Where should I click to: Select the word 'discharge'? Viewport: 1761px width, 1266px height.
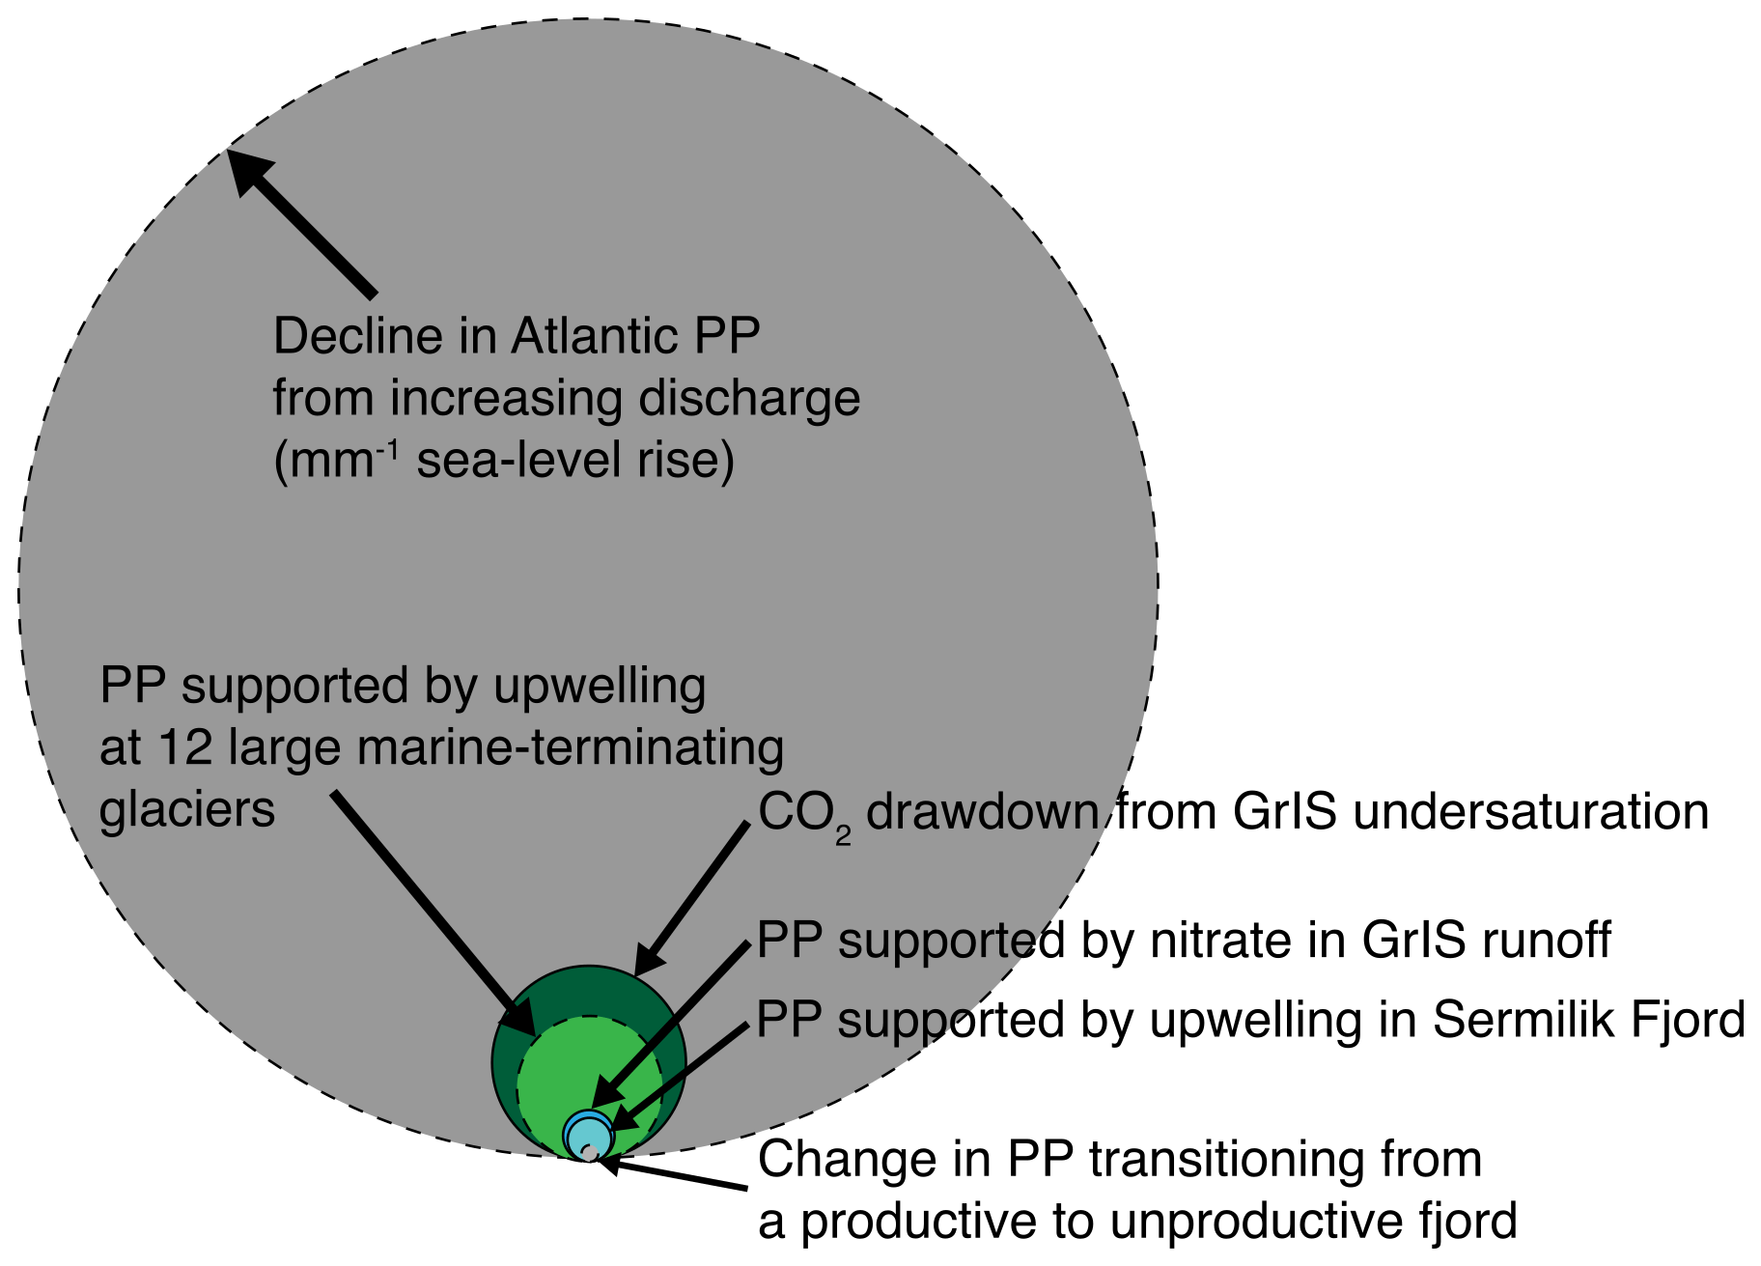(749, 399)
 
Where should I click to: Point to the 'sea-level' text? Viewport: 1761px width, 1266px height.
(519, 461)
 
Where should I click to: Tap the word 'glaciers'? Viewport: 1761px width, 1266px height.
(187, 809)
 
